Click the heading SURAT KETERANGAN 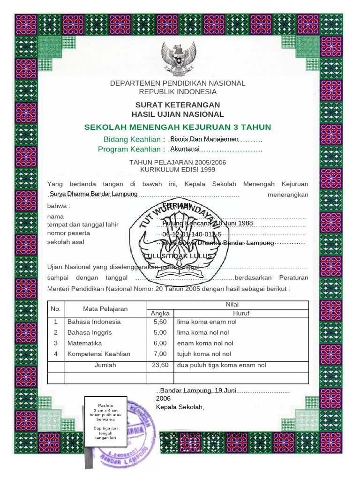point(178,105)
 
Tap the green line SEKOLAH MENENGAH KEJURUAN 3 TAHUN point(178,127)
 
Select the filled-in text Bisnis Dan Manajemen point(204,139)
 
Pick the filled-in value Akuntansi point(185,149)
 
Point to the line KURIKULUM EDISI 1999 point(178,169)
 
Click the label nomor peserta point(69,233)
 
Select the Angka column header point(160,313)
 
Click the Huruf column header point(241,313)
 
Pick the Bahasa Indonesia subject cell point(94,322)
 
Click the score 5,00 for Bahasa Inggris point(160,333)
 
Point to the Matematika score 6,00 point(160,343)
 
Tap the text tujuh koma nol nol point(204,354)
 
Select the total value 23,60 point(160,365)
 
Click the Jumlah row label point(105,365)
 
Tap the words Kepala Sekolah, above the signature point(180,406)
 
